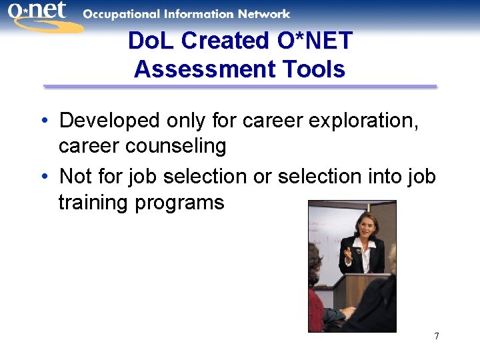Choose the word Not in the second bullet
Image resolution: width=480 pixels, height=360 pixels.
(75, 177)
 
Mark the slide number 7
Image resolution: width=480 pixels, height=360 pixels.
(437, 336)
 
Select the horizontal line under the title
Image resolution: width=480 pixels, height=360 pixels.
(240, 87)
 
